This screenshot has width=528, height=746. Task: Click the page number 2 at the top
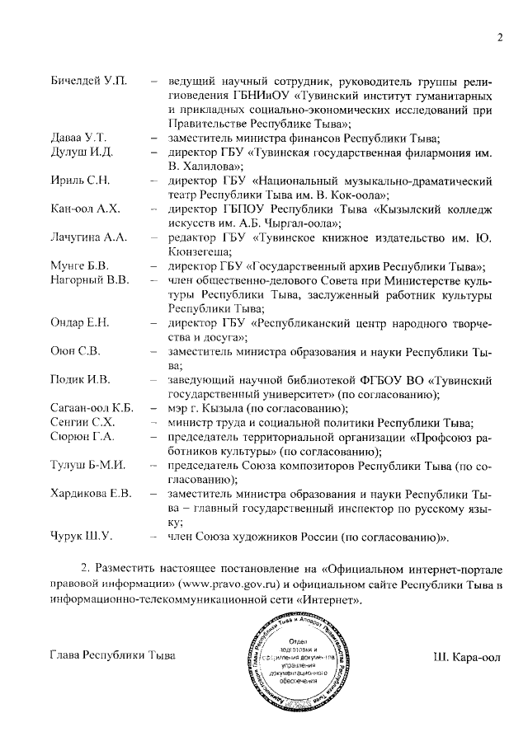[500, 36]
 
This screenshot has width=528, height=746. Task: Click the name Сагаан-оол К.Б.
[92, 408]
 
